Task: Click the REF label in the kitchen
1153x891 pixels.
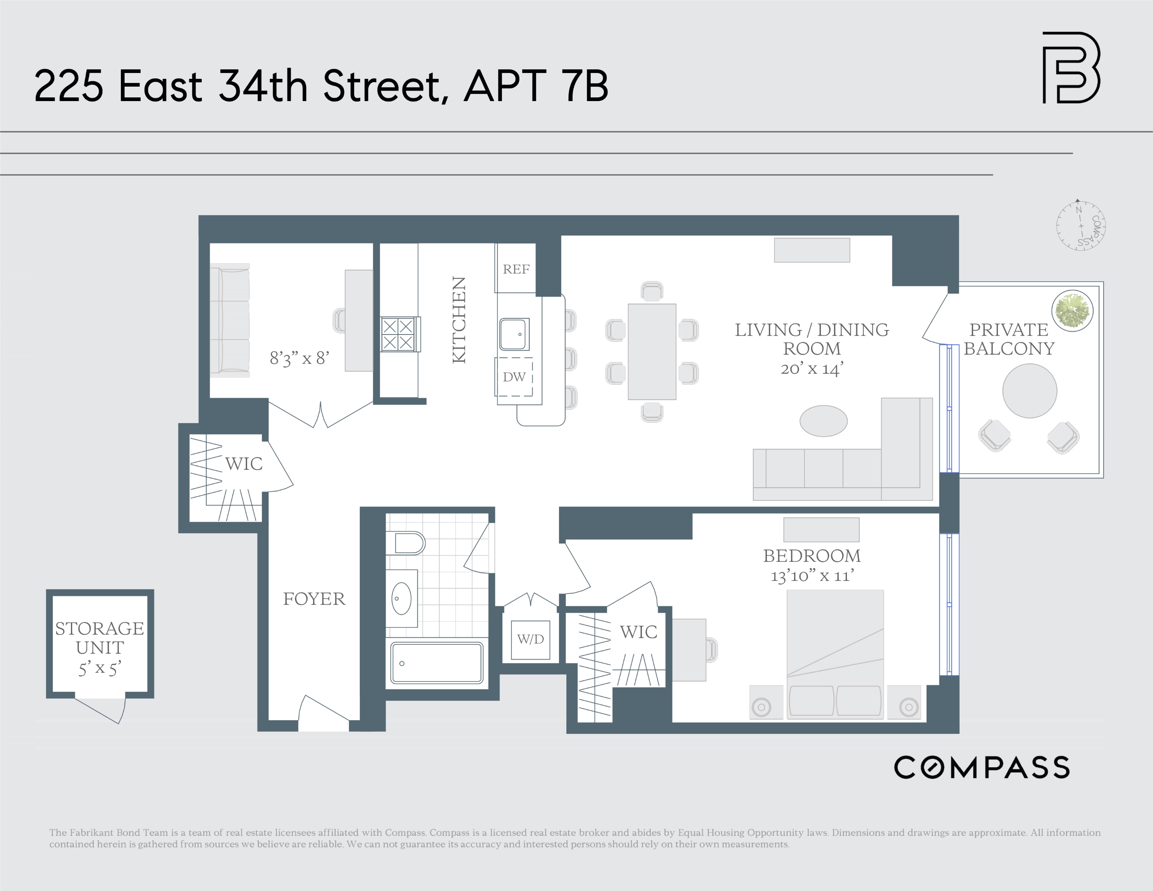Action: coord(516,269)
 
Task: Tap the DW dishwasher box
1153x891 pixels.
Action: coord(514,377)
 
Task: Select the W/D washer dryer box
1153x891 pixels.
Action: coord(531,639)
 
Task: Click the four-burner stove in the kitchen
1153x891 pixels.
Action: coord(398,334)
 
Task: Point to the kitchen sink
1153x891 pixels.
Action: coord(514,334)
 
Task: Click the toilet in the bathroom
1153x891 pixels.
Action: coord(406,542)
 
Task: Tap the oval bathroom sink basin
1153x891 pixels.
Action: coord(402,599)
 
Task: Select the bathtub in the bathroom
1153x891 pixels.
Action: coord(436,663)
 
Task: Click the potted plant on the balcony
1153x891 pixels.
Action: coord(1072,310)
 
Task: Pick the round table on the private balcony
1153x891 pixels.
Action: coord(1030,391)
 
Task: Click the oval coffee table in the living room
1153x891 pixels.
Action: coord(823,421)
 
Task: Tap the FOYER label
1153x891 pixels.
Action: coord(314,599)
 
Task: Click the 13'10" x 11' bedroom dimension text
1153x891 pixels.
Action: coord(812,575)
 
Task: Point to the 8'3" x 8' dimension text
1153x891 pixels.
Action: coord(299,358)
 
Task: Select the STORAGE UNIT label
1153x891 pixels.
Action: coord(100,638)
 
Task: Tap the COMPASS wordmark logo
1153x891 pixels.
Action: coord(981,768)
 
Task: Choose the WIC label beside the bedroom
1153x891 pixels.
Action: coord(638,632)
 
